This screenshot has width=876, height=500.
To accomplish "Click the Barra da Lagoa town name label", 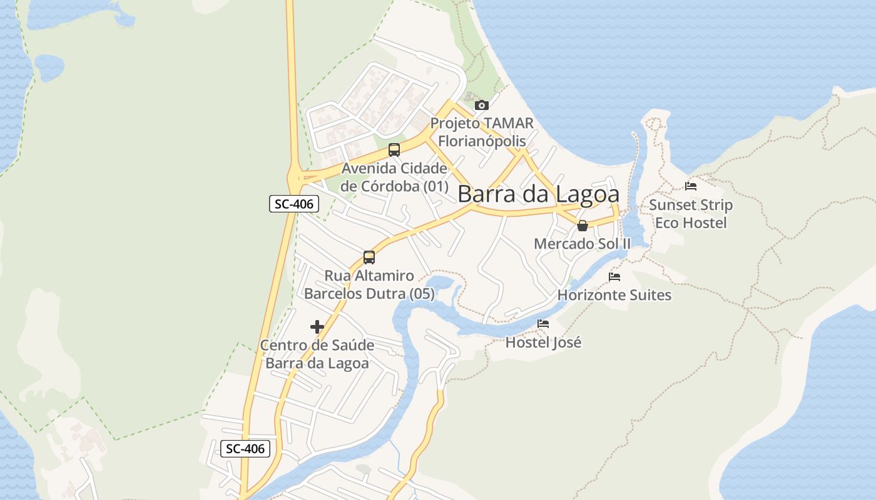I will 538,194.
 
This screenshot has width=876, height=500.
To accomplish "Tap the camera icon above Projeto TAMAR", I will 481,105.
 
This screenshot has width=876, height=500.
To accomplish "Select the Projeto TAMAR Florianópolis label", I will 481,132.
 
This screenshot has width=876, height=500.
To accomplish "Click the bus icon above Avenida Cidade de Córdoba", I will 394,150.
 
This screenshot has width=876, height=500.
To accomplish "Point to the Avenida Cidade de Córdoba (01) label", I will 394,177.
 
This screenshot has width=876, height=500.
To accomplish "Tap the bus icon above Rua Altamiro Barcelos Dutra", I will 369,257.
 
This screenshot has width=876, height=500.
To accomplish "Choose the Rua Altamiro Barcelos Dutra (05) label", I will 369,284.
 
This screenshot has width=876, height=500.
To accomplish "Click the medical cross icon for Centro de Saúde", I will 317,327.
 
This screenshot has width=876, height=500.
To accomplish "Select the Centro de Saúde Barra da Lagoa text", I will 317,354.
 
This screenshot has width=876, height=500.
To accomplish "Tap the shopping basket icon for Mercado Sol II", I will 583,226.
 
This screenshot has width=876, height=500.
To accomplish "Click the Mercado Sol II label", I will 583,244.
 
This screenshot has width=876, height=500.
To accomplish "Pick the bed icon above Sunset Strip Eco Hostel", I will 691,186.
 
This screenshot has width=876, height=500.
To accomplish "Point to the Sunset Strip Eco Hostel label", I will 691,214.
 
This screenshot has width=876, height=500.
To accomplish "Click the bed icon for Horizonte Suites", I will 614,277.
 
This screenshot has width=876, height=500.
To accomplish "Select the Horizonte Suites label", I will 614,295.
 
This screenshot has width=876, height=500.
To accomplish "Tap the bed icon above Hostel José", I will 543,324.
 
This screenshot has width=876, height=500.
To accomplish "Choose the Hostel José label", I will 543,342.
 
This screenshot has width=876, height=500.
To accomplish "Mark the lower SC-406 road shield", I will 245,448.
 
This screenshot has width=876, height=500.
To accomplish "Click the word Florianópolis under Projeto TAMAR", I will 481,141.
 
